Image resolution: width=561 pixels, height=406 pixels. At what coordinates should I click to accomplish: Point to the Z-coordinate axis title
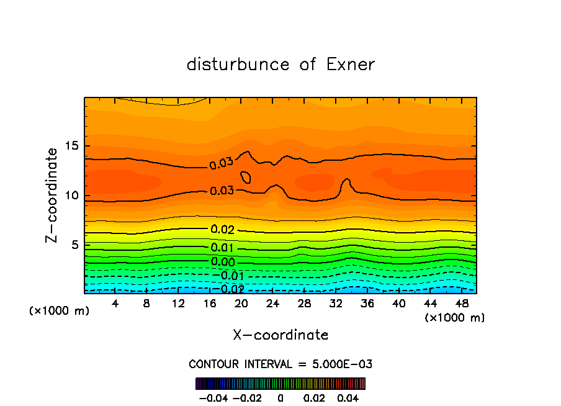[x=53, y=195]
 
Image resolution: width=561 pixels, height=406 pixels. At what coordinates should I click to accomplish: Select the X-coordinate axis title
[x=280, y=335]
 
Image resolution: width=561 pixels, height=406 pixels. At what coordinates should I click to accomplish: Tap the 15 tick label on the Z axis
[x=71, y=147]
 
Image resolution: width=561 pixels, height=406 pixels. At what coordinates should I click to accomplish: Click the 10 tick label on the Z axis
[x=71, y=196]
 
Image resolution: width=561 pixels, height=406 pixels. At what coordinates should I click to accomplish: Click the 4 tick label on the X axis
[x=115, y=304]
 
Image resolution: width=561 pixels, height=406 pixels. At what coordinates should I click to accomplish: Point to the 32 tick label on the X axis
[x=335, y=304]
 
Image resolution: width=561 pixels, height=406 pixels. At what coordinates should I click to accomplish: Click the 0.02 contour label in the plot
[x=222, y=230]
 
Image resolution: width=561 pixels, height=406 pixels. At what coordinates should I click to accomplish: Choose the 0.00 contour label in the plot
[x=222, y=262]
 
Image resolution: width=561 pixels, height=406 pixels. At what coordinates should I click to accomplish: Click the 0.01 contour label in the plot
[x=222, y=248]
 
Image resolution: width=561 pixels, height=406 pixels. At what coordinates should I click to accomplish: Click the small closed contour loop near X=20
[x=246, y=178]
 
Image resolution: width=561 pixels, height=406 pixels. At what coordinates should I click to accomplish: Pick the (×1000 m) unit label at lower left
[x=60, y=310]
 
